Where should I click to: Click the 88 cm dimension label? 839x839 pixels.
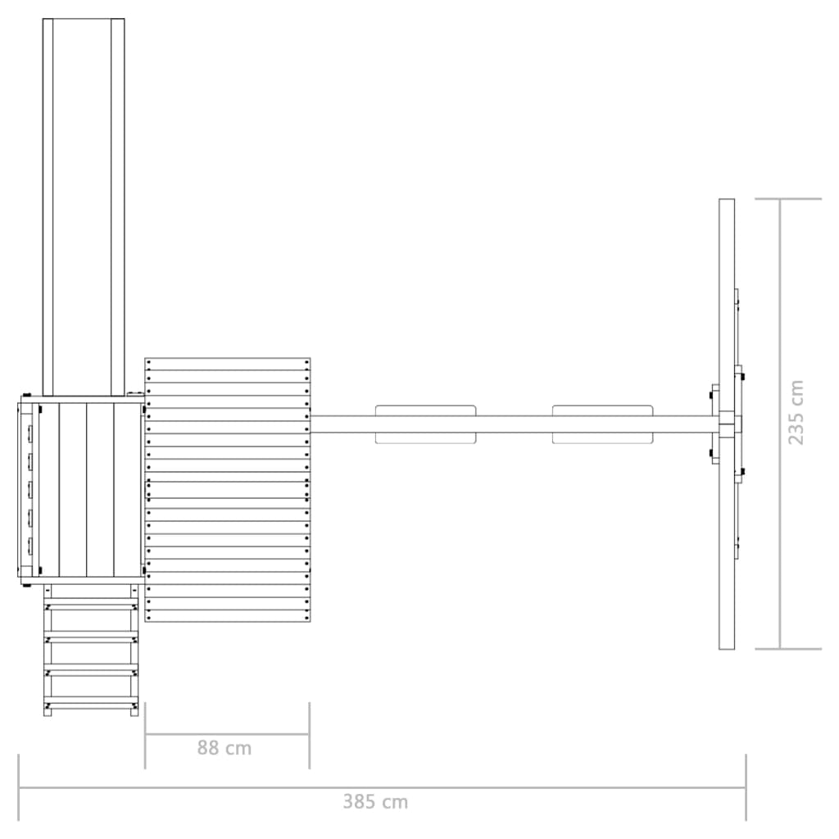pyautogui.click(x=224, y=748)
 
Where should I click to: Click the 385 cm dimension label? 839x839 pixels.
pyautogui.click(x=375, y=801)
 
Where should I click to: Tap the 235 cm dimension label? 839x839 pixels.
pyautogui.click(x=796, y=412)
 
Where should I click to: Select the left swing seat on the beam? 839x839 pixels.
pyautogui.click(x=425, y=424)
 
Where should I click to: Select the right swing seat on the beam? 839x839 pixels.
pyautogui.click(x=602, y=424)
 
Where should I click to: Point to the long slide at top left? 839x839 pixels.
pyautogui.click(x=84, y=207)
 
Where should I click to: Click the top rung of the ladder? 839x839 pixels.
pyautogui.click(x=92, y=607)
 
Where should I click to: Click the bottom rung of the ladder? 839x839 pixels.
pyautogui.click(x=92, y=706)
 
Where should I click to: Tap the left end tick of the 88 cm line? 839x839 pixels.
pyautogui.click(x=145, y=735)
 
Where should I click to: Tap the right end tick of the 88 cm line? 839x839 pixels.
pyautogui.click(x=309, y=735)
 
